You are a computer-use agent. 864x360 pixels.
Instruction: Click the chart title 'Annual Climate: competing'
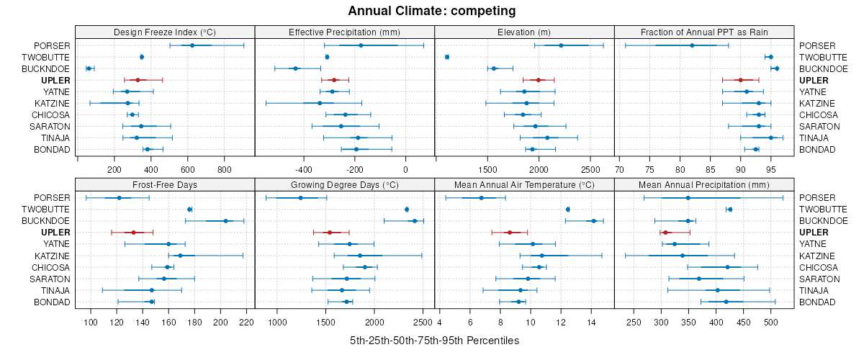coord(431,11)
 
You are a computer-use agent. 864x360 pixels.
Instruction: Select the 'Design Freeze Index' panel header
coord(165,32)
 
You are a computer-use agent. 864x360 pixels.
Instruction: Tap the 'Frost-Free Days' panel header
coord(165,184)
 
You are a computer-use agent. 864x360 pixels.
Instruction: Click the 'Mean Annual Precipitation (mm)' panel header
coord(704,184)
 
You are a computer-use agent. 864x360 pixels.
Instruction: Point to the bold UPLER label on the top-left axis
coord(57,80)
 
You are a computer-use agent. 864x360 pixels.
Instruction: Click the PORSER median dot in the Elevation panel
coord(561,45)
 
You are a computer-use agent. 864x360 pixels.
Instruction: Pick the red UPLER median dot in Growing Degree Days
coord(330,233)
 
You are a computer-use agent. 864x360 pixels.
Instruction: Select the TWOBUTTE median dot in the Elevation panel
coord(447,57)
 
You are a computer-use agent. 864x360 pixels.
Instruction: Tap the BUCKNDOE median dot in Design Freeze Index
coord(89,68)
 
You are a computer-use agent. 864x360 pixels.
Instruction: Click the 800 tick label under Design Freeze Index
coord(225,169)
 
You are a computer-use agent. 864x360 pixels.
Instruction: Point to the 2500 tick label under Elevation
coord(590,169)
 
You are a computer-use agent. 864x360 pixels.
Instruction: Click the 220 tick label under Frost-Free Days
coord(246,322)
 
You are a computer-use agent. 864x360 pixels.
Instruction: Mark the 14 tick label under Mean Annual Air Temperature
coord(591,322)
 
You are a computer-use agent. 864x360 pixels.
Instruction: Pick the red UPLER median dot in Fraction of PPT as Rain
coord(740,80)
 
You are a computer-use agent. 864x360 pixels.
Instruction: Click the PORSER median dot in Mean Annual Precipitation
coord(688,198)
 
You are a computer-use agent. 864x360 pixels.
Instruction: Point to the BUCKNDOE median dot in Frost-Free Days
coord(225,221)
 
